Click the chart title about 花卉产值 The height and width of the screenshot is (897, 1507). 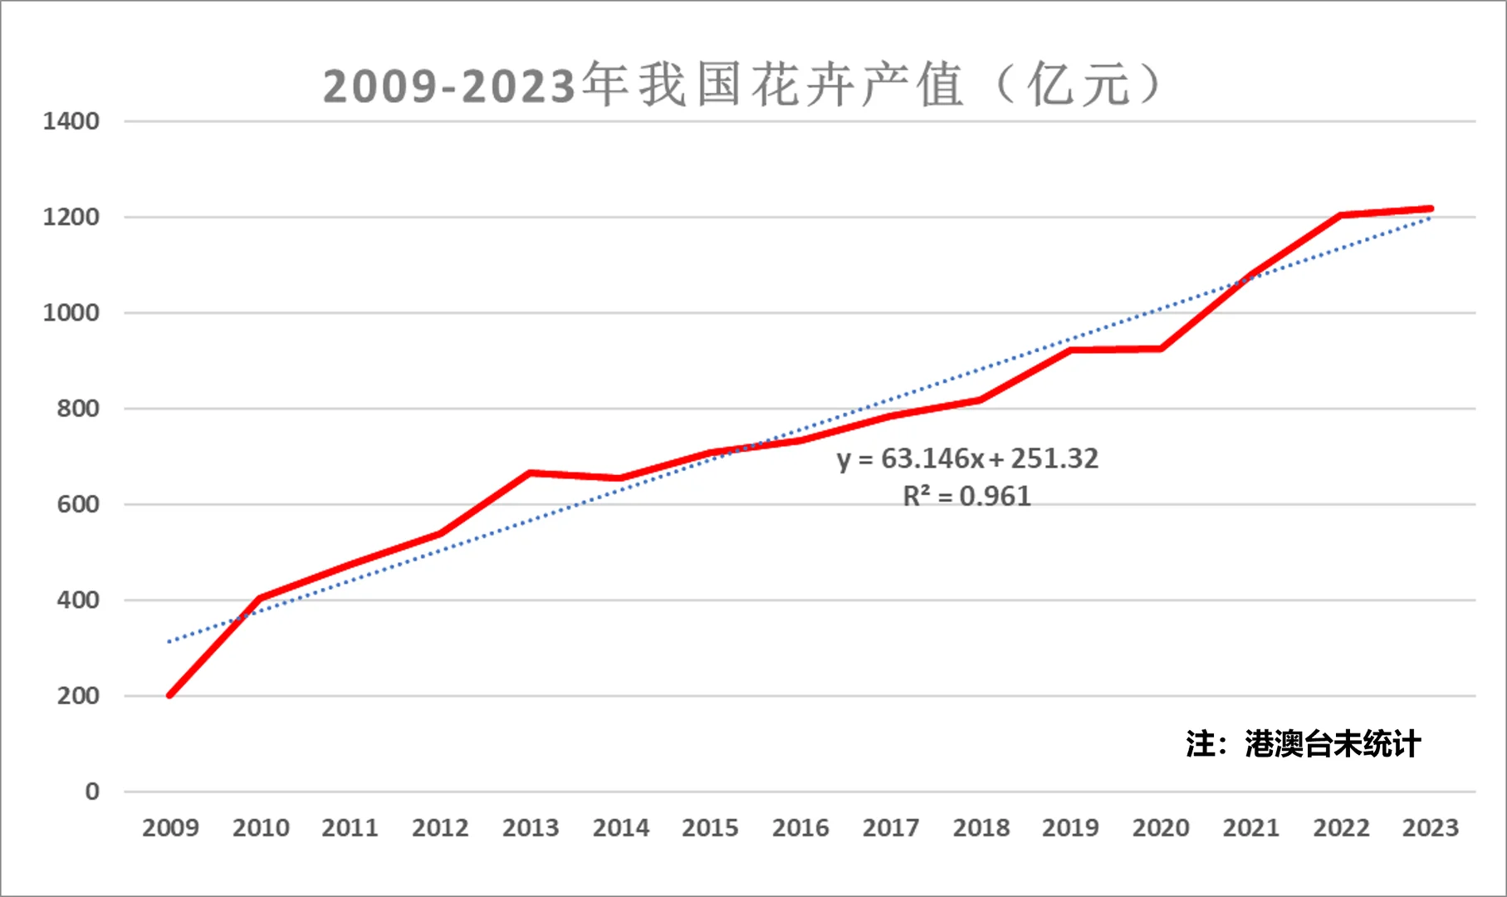click(x=741, y=85)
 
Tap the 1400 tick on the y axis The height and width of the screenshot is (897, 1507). click(x=71, y=121)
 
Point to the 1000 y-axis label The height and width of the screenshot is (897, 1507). click(x=71, y=313)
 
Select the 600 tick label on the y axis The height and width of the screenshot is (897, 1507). click(x=78, y=504)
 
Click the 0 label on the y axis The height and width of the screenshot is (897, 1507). click(x=92, y=792)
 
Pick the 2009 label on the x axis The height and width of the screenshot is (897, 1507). click(x=170, y=828)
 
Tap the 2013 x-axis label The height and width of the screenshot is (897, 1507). click(x=531, y=828)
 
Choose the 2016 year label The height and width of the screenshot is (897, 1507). click(x=800, y=828)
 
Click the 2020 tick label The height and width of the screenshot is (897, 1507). click(x=1161, y=828)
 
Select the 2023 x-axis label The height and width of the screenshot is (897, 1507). click(x=1430, y=828)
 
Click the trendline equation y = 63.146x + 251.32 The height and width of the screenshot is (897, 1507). click(x=967, y=458)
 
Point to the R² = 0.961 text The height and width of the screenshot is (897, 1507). click(x=967, y=497)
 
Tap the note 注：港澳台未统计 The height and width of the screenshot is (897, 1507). click(x=1304, y=744)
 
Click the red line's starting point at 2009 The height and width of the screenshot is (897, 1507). click(x=170, y=695)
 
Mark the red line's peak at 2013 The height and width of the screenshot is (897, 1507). click(x=531, y=473)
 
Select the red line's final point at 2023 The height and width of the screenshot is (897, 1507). click(x=1430, y=208)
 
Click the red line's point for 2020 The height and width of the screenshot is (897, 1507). click(x=1161, y=349)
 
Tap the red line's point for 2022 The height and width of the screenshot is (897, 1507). click(x=1340, y=215)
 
